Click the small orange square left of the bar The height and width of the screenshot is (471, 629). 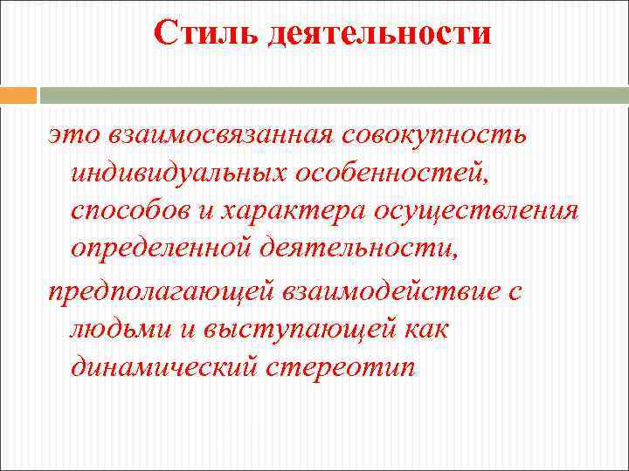tap(18, 95)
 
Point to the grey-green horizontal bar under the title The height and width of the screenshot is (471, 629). tap(332, 95)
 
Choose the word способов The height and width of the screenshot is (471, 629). tap(130, 213)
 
